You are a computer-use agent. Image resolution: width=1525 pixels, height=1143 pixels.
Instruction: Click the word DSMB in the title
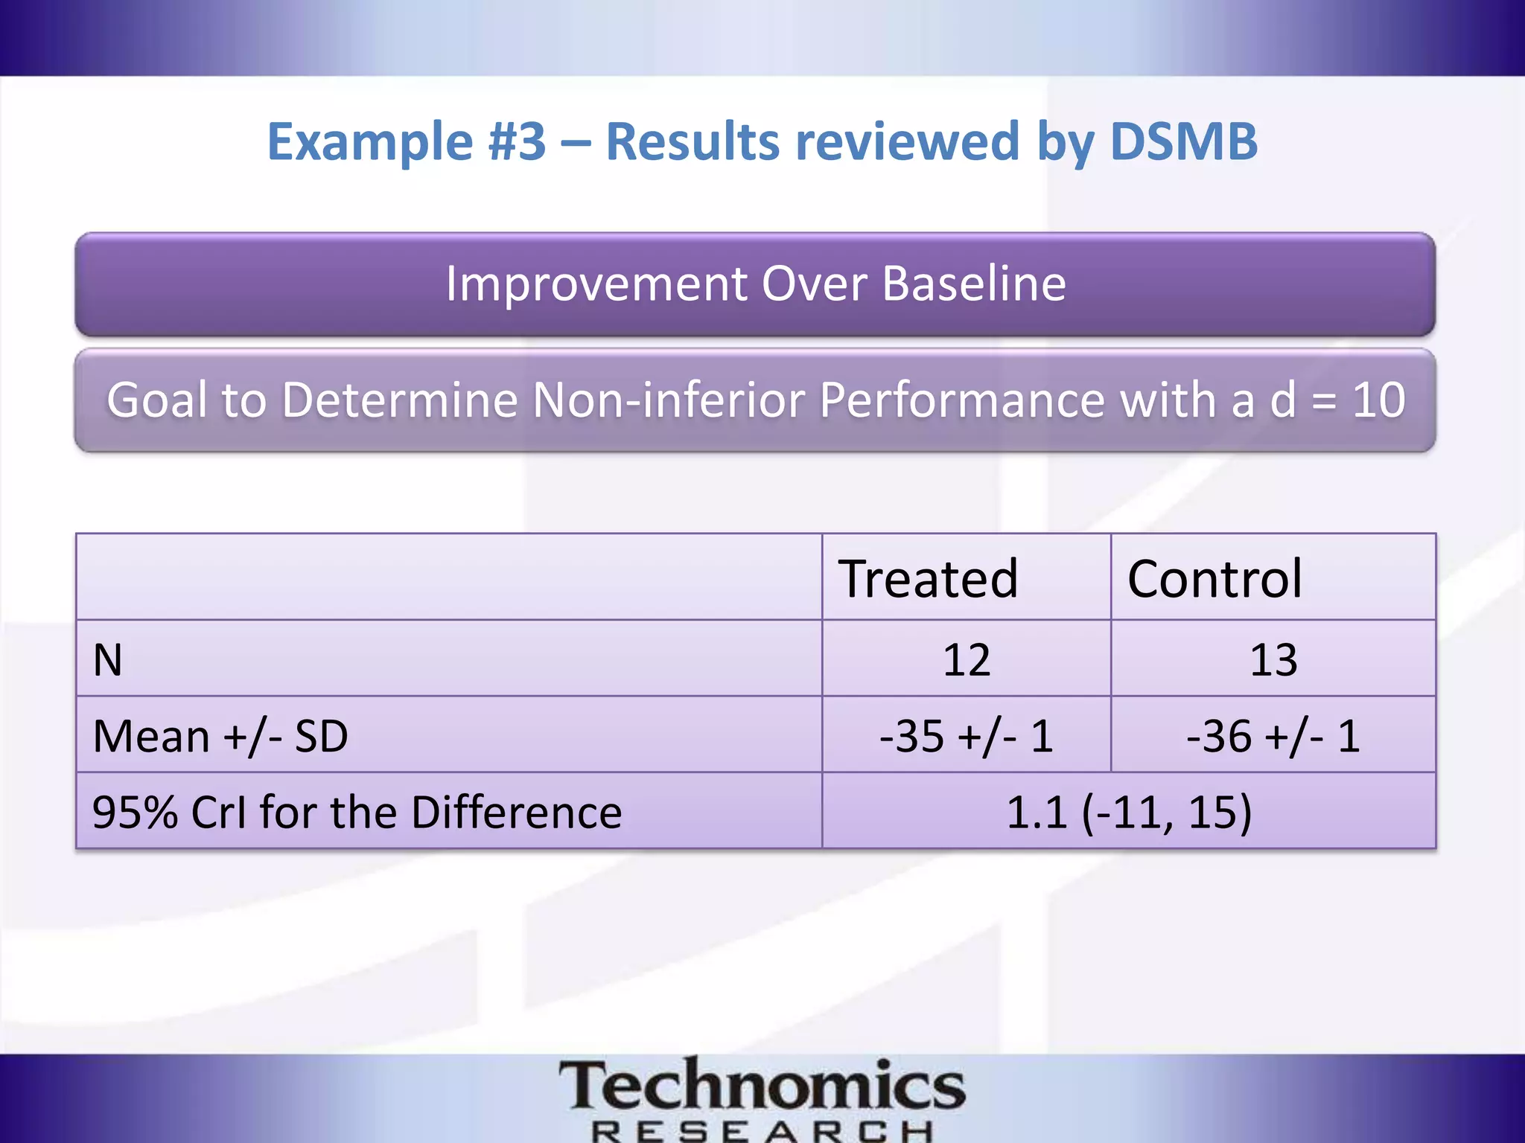point(1183,141)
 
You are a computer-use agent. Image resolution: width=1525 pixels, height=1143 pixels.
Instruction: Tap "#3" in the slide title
point(517,141)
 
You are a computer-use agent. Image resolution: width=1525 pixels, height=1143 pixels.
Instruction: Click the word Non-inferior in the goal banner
point(670,400)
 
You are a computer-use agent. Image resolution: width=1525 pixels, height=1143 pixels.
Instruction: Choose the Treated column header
point(928,578)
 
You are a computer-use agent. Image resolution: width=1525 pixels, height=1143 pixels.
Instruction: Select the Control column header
point(1214,578)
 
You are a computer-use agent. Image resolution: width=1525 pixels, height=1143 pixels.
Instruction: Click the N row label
point(108,660)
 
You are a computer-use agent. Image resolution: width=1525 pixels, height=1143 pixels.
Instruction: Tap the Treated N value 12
point(967,660)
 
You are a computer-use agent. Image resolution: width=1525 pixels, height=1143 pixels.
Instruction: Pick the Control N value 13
point(1273,660)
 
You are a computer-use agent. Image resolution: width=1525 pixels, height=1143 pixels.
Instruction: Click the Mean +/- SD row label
point(220,737)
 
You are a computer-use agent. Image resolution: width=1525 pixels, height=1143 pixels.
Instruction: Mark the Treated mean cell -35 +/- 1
point(967,737)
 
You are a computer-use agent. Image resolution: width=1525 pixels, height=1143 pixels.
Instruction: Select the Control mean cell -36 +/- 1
point(1273,737)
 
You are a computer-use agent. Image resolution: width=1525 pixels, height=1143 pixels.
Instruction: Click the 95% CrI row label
point(357,812)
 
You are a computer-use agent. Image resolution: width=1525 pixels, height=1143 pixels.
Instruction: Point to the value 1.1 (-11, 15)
point(1129,812)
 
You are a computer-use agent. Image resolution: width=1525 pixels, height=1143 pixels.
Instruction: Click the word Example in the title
point(369,141)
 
